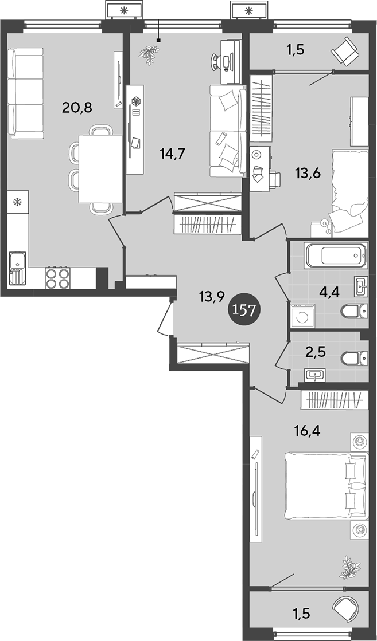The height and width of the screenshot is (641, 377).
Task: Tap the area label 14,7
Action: point(173,152)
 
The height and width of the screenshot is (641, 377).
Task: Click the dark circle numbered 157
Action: point(245,310)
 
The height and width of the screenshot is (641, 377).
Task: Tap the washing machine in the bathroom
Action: point(301,316)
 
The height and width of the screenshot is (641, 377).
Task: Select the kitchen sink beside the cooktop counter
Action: point(17,269)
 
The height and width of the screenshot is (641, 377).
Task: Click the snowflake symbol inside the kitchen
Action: point(17,202)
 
